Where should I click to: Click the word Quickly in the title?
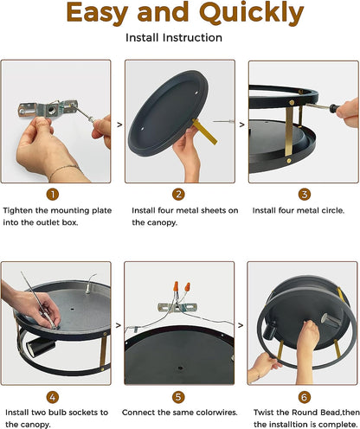[x=251, y=13]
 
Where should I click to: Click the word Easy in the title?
[x=97, y=13]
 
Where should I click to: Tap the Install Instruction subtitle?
[x=174, y=38]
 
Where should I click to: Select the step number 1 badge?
[x=53, y=195]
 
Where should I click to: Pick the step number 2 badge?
[x=178, y=195]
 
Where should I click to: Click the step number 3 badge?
[x=305, y=195]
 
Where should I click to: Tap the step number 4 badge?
[x=53, y=397]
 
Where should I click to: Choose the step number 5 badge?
[x=178, y=397]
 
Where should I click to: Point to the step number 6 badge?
[x=305, y=397]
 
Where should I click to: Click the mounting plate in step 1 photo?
[x=48, y=109]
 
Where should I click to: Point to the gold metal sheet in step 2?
[x=205, y=132]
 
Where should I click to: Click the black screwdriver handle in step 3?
[x=335, y=108]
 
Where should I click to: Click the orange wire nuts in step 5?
[x=182, y=287]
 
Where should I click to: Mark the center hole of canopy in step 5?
[x=180, y=368]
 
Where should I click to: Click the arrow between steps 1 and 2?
[x=119, y=125]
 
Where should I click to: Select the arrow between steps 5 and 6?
[x=241, y=325]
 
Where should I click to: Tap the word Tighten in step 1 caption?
[x=18, y=211]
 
